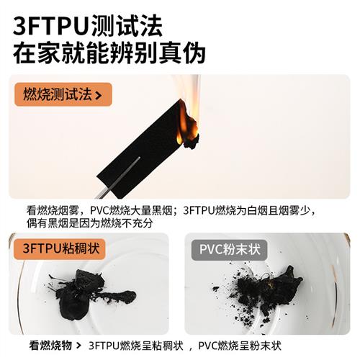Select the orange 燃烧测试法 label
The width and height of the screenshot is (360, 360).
58,94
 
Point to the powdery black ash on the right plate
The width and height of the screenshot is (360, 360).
266,288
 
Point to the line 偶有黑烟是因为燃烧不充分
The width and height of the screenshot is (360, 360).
89,224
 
